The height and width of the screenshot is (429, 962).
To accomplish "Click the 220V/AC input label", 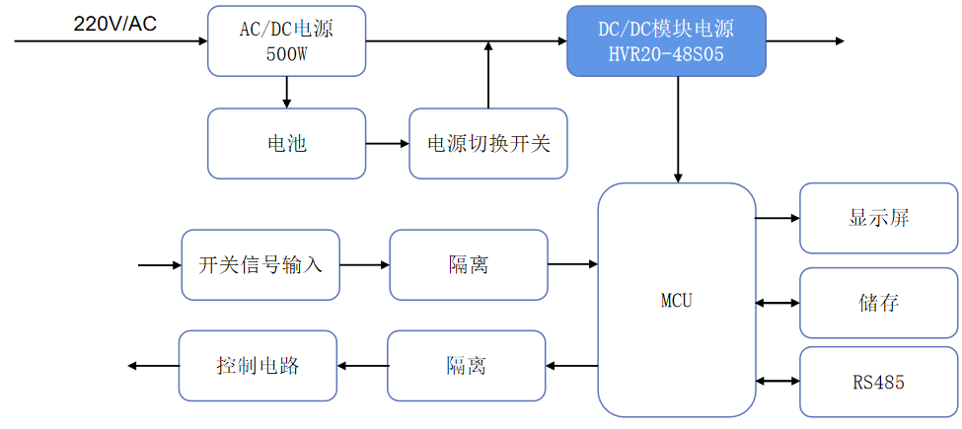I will coord(114,24).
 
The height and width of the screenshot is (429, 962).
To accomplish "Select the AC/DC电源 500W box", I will coord(286,40).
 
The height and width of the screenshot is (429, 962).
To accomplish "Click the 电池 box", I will coord(286,144).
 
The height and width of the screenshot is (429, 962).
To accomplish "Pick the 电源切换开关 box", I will coord(488,144).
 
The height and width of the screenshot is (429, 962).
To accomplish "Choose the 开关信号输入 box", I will coord(260,265).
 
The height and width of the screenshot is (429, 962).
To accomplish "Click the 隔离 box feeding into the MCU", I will coord(469,265).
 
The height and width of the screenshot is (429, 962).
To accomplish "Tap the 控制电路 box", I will coord(258,366).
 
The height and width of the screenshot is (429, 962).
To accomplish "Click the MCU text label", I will coord(676,301).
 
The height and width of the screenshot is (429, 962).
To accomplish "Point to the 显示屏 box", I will coord(878,218).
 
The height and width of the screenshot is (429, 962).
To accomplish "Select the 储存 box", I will coord(878,302).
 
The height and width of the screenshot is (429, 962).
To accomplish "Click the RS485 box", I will coord(878,382).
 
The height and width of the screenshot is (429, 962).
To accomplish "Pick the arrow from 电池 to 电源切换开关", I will coord(387,144).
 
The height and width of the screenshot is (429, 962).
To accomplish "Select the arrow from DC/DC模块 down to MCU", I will coord(678,128).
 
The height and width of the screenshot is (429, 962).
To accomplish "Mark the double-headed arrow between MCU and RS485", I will coord(777,381).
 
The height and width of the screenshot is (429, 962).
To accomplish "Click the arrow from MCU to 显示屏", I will coord(777,218).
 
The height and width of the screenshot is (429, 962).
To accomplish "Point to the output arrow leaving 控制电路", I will coord(153,366).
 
